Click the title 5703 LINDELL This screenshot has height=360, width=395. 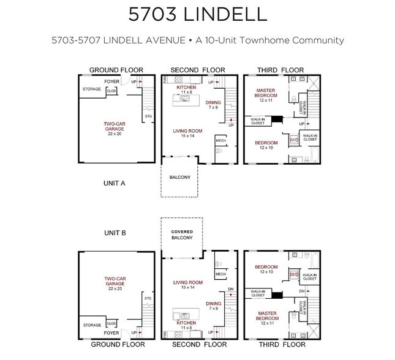[x=197, y=13]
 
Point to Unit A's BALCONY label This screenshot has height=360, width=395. [x=180, y=178]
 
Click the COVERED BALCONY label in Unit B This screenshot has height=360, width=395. [x=182, y=234]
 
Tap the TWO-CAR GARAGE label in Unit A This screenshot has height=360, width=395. [x=115, y=127]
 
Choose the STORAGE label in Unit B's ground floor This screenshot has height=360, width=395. [x=92, y=325]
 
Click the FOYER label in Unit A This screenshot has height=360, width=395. [x=111, y=81]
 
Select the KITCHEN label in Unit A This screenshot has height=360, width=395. [x=186, y=88]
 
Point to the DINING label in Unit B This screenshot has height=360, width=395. [x=214, y=304]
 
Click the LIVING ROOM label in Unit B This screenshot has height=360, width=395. [x=187, y=283]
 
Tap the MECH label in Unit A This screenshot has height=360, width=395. [x=220, y=141]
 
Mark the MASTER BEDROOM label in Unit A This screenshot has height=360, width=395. [x=268, y=93]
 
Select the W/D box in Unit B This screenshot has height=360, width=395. [x=294, y=274]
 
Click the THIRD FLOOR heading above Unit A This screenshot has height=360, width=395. [x=281, y=70]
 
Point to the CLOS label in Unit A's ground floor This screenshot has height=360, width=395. [x=111, y=91]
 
